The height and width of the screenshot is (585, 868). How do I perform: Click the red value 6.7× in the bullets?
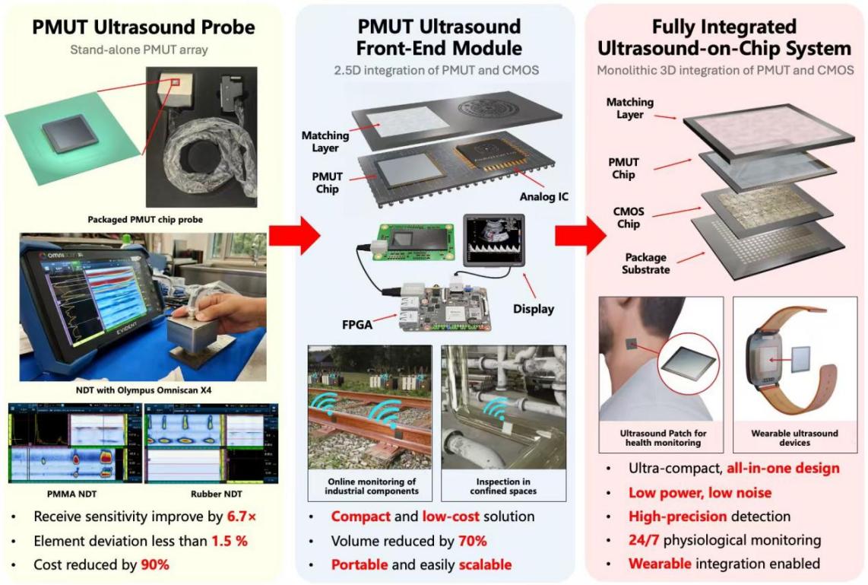[x=242, y=517]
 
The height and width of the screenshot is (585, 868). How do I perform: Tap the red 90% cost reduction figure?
[x=154, y=565]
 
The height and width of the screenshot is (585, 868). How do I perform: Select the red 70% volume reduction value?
[x=471, y=541]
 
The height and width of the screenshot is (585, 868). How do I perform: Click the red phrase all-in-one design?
[x=783, y=468]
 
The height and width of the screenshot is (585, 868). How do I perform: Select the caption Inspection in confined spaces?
[x=505, y=485]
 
